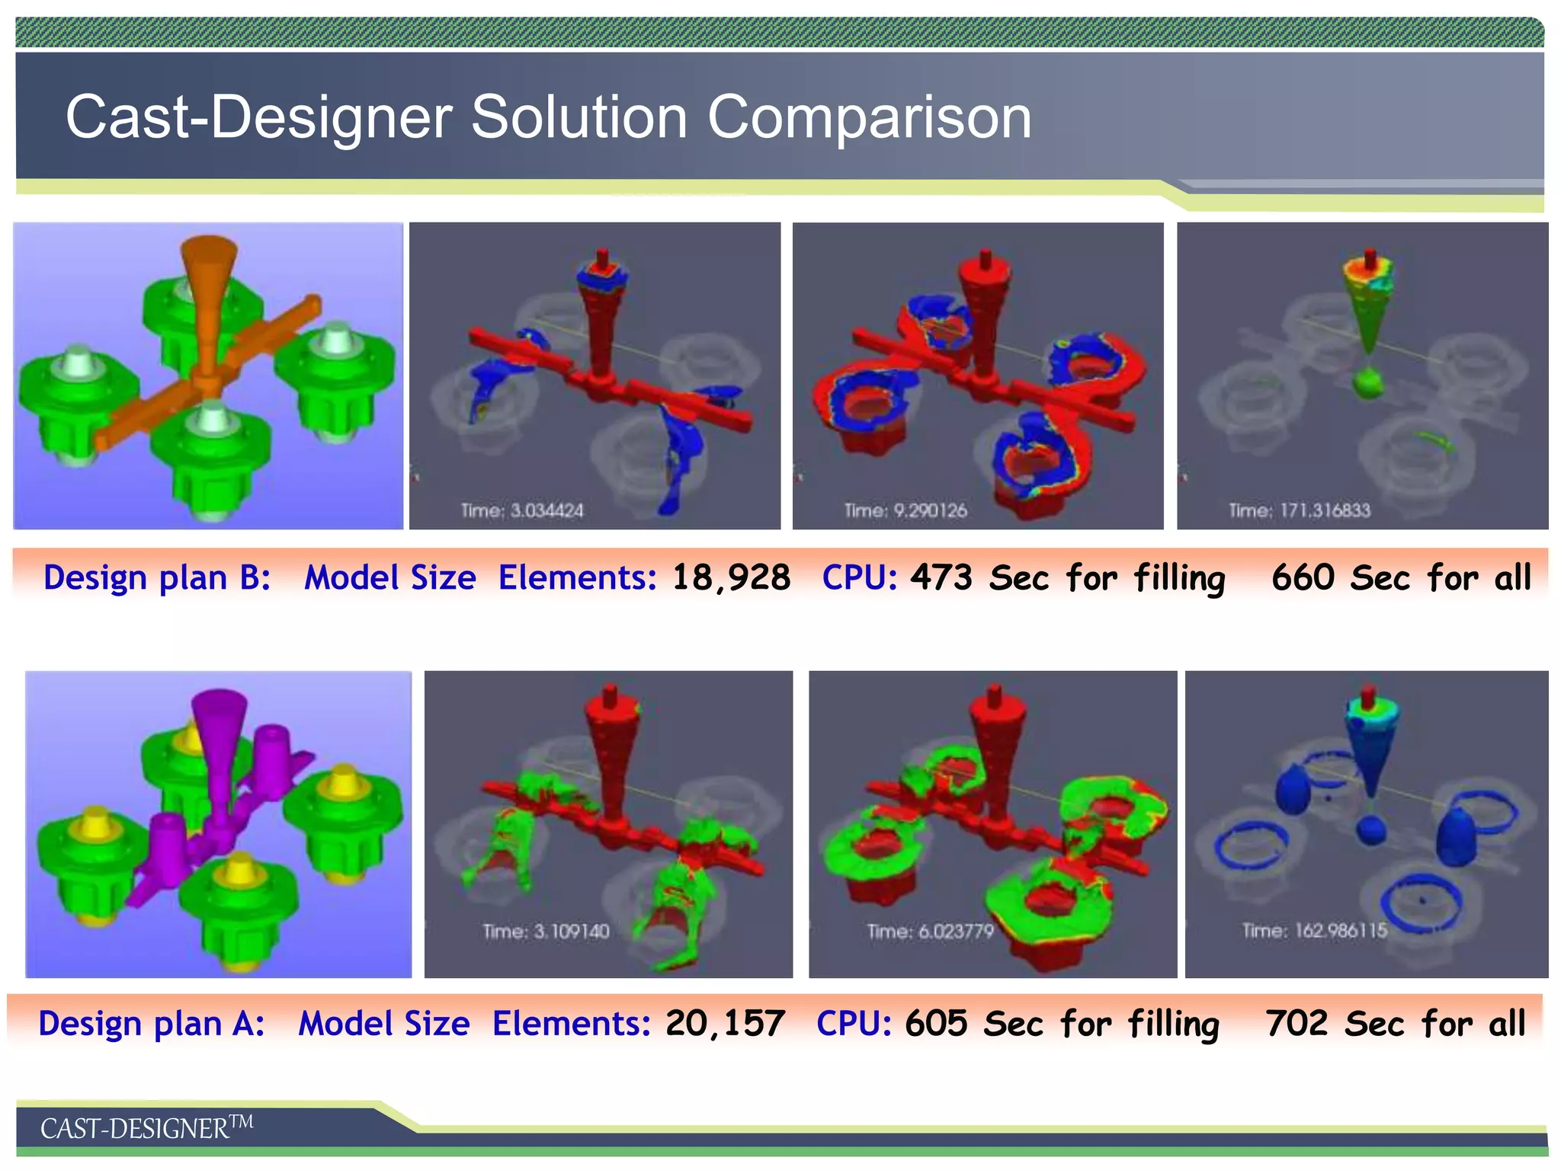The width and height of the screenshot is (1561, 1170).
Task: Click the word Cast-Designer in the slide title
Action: click(259, 117)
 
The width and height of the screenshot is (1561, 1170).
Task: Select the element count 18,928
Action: click(731, 577)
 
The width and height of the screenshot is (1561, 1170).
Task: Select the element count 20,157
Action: click(725, 1023)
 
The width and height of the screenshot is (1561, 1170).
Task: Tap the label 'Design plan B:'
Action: click(157, 577)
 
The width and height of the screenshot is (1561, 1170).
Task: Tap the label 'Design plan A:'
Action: click(152, 1023)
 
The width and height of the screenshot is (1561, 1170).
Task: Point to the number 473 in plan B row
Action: click(941, 577)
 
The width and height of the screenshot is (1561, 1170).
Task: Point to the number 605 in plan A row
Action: click(936, 1023)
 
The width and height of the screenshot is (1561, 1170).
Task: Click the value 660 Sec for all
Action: click(1401, 577)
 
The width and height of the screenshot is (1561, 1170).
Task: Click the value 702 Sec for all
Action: click(1396, 1023)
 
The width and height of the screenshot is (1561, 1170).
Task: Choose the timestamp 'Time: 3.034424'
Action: click(522, 510)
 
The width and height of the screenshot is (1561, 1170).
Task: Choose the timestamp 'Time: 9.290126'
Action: click(906, 510)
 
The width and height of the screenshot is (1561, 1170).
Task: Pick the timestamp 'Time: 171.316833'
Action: click(1299, 510)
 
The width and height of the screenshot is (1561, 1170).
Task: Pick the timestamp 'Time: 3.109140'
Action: click(546, 931)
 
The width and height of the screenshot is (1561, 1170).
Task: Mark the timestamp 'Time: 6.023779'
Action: click(930, 931)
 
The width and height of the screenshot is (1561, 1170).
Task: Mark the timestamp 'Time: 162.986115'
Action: click(1314, 930)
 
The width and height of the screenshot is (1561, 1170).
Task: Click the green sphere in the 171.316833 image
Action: click(1368, 383)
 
